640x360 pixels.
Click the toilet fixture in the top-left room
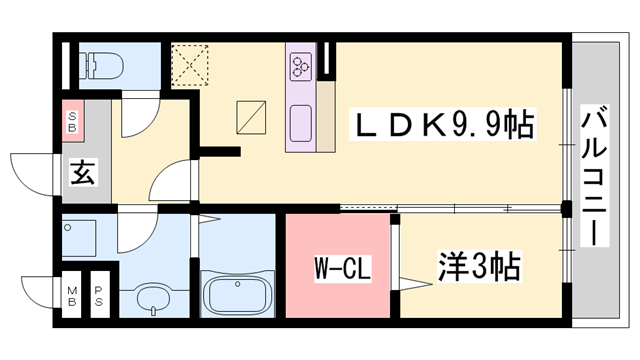(101, 66)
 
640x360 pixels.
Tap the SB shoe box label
(74, 124)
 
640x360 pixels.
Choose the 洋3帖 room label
(479, 266)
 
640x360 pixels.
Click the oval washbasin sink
(152, 299)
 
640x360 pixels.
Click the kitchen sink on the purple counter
(302, 124)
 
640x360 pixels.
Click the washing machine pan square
(88, 240)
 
